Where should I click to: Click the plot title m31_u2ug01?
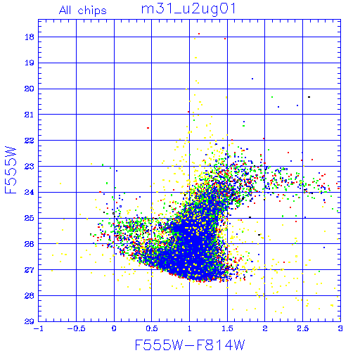pos(188,9)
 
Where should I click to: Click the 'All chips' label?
pos(83,11)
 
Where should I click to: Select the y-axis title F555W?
pos(11,170)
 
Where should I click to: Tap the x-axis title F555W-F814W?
pos(190,345)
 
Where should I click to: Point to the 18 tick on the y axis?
pos(30,37)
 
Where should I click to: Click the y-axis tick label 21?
pos(30,115)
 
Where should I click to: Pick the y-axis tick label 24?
pos(30,193)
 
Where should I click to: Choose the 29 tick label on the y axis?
pos(30,321)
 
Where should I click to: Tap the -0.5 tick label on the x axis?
pos(76,328)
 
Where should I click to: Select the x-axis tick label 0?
pos(114,328)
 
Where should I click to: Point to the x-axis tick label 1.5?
pos(227,328)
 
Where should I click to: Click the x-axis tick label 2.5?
pos(302,328)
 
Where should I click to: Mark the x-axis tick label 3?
pos(340,328)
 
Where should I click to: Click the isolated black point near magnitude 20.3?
pos(309,97)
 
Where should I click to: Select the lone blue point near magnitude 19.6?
pos(252,79)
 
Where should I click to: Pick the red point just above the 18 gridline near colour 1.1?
pos(199,34)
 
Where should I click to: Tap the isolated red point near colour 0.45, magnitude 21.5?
pos(148,128)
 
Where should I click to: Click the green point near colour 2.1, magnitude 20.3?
pos(272,97)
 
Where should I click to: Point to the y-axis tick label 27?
pos(30,270)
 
